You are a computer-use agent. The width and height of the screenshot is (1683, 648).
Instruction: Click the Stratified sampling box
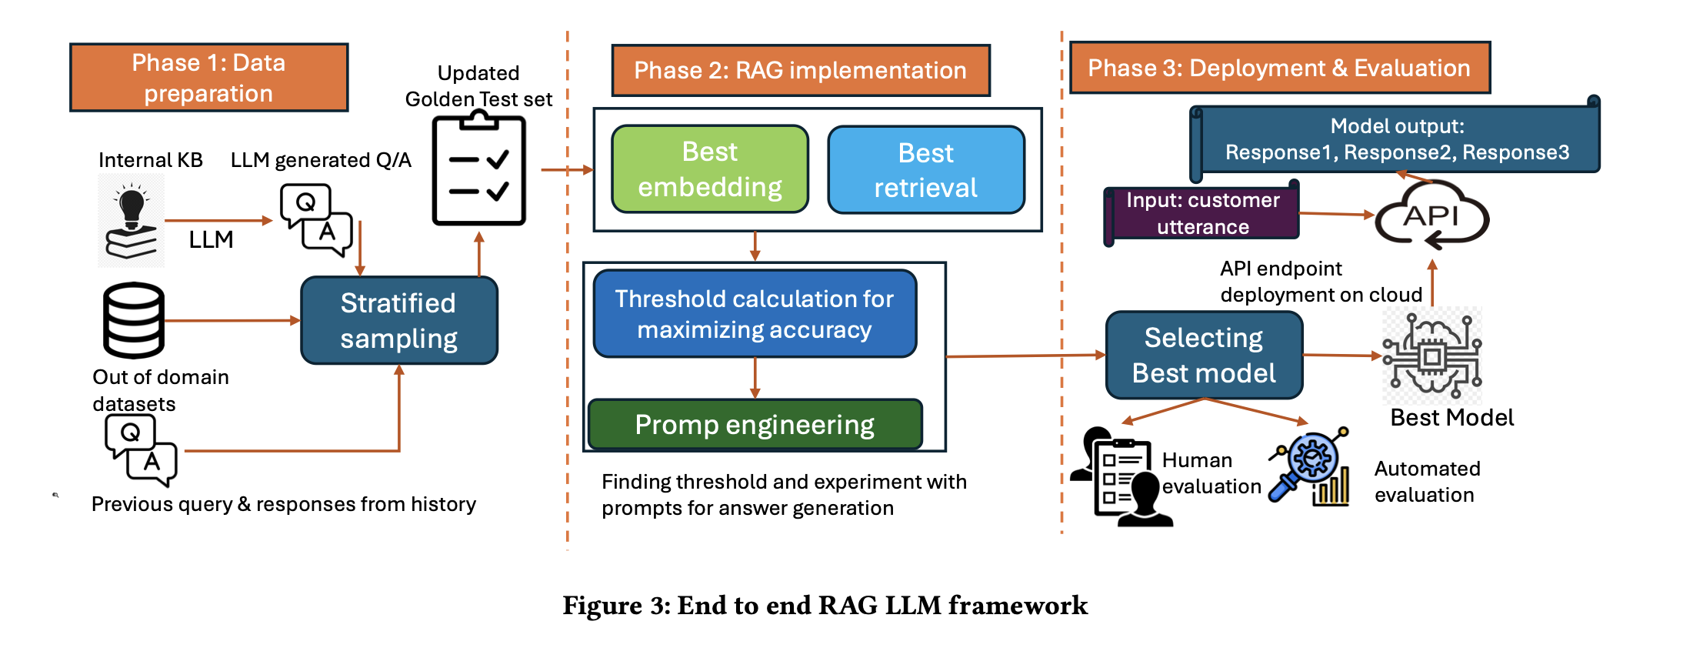398,320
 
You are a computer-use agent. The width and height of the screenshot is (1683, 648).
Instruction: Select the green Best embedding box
709,169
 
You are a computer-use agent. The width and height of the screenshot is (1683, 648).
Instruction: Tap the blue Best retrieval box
925,170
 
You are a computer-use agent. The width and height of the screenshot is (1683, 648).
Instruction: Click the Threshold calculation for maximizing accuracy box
755,313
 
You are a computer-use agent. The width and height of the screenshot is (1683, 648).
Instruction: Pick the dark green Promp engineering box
755,424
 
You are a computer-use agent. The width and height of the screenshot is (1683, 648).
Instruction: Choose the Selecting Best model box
1204,355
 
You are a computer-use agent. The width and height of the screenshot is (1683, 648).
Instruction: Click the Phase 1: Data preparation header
208,78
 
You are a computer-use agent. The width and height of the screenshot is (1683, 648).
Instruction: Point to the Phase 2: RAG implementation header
800,70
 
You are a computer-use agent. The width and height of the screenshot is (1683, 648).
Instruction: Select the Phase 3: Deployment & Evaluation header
1279,68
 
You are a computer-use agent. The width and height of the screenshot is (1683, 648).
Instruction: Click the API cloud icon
1431,216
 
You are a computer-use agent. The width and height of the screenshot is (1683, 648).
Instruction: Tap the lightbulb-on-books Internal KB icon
131,221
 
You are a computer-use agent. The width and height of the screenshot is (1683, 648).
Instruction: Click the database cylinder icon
134,320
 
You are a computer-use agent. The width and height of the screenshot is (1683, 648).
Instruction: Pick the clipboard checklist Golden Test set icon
478,170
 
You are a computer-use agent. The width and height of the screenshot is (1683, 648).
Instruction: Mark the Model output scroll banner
1396,139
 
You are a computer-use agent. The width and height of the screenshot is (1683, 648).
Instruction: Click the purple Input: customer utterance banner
1202,213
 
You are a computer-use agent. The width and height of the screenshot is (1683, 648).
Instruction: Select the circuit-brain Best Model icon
1431,356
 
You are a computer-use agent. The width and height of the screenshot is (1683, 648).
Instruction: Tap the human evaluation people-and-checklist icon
1122,477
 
